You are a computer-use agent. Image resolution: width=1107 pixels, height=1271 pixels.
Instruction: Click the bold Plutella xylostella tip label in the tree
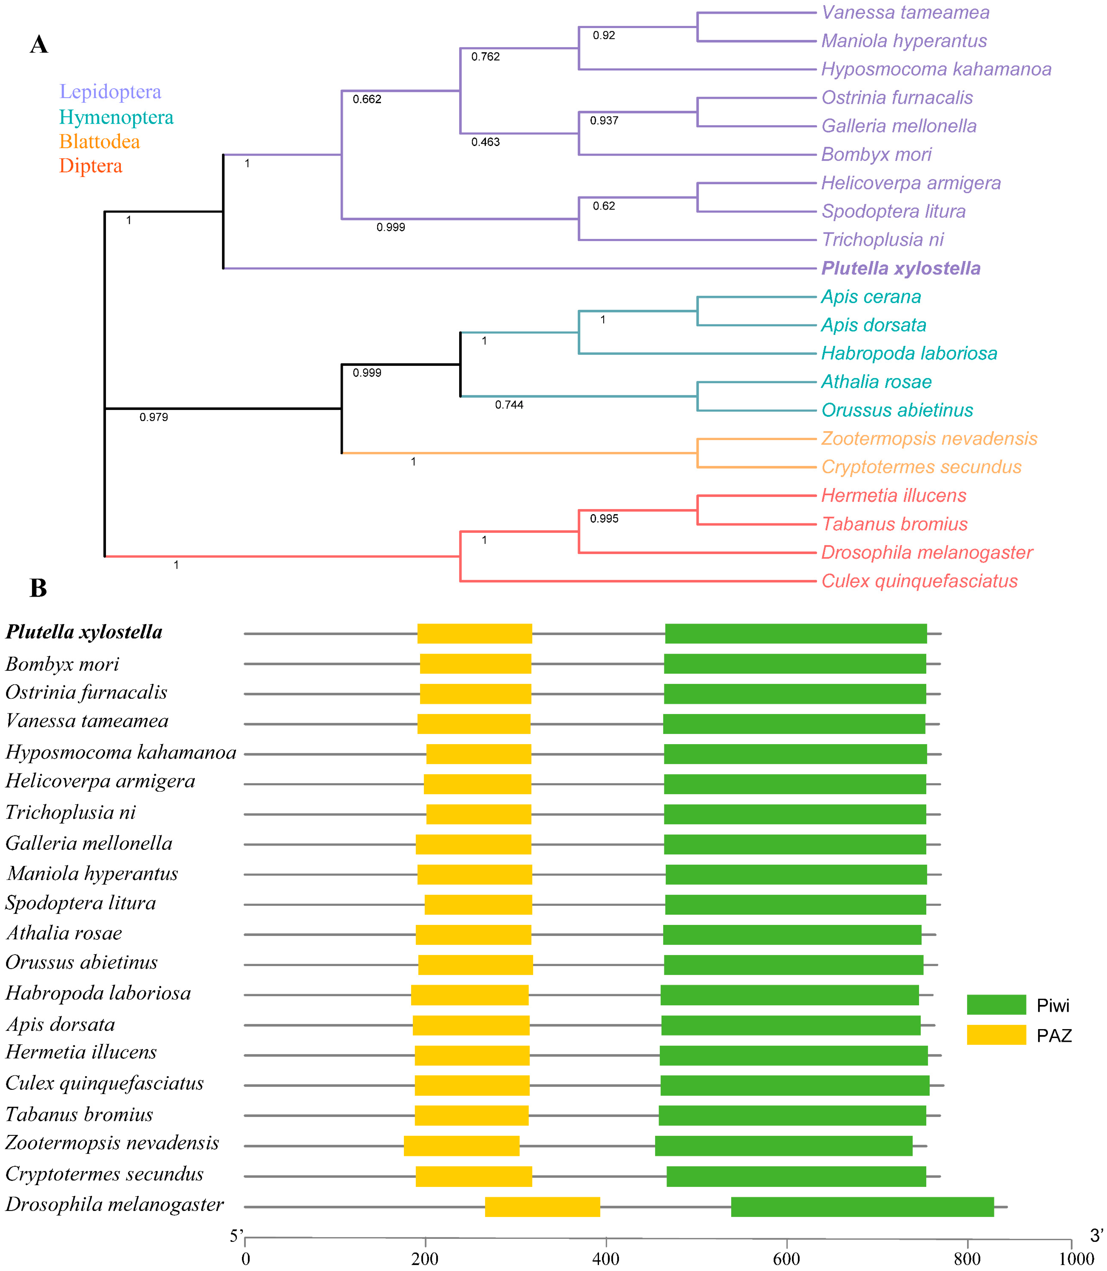point(901,268)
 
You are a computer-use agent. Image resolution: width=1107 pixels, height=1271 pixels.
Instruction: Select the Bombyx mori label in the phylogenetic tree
point(876,155)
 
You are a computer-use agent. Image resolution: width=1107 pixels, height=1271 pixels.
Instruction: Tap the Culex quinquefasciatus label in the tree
point(919,581)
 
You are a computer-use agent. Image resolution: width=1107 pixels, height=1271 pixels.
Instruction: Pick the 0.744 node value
point(509,405)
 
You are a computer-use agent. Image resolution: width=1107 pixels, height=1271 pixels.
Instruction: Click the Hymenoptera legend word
point(116,118)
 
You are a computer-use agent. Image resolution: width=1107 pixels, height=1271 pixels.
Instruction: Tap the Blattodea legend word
point(99,141)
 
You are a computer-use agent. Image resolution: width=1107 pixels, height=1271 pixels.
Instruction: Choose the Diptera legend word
point(91,166)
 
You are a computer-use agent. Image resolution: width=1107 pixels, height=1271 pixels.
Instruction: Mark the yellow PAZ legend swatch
point(996,1034)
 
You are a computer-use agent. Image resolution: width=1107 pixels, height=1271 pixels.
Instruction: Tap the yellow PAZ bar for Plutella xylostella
point(474,633)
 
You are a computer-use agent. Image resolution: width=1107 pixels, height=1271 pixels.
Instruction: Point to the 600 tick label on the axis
point(786,1259)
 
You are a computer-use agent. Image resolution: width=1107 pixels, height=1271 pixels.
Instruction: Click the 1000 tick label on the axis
point(1076,1259)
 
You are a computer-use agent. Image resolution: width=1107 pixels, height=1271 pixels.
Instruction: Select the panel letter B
point(38,588)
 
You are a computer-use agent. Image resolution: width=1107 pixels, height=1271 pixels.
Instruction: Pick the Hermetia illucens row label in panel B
point(81,1052)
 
